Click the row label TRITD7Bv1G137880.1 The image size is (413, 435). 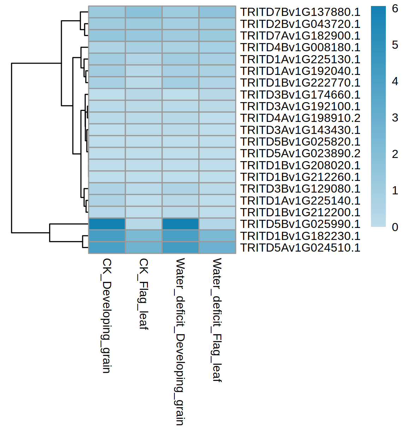point(300,12)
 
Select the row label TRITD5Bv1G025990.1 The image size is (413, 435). point(300,224)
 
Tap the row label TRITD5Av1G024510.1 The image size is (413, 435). point(300,248)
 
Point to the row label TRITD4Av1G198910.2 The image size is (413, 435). point(300,118)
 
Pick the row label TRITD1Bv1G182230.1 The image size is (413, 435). point(300,236)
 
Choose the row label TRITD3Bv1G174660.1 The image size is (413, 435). point(300,95)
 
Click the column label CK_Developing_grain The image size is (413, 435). point(107,316)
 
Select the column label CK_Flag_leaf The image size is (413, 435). point(143,294)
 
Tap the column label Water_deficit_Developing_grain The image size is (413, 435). point(180,342)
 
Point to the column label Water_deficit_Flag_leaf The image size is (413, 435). point(217,320)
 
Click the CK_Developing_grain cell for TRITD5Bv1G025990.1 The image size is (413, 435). point(107,224)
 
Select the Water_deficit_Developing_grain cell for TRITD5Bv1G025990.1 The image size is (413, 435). point(180,224)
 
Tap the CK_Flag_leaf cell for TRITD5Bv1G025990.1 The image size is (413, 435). point(144,224)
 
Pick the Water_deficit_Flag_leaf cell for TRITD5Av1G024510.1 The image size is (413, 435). point(217,248)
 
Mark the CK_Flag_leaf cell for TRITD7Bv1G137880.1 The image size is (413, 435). point(144,12)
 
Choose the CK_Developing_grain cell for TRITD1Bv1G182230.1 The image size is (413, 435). point(107,236)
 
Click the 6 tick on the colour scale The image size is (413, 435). point(395,8)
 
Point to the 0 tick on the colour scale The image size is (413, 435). point(395,227)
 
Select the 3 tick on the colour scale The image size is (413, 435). point(395,118)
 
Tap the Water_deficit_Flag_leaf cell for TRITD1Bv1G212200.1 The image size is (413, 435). point(217,212)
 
